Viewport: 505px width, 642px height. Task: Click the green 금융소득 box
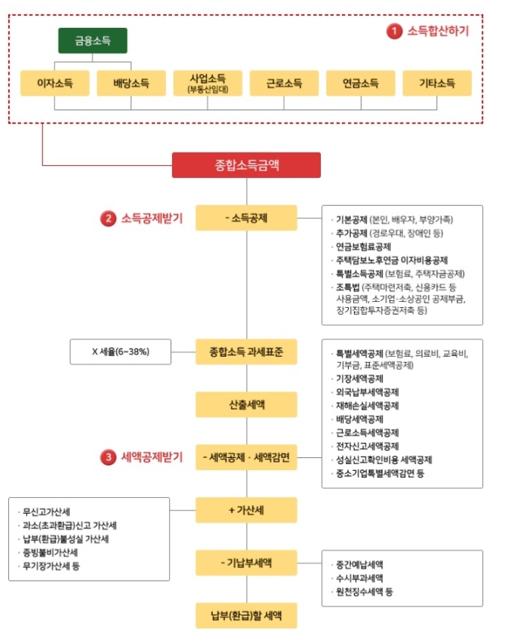[93, 41]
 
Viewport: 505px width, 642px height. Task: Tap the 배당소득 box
[131, 83]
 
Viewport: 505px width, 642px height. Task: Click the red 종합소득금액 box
[246, 165]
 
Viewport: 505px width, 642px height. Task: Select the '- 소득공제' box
[246, 218]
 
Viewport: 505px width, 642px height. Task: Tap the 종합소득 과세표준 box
[246, 352]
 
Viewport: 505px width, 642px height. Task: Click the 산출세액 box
[246, 404]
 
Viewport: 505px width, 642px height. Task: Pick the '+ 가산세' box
[246, 510]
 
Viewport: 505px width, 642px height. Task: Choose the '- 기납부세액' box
[246, 563]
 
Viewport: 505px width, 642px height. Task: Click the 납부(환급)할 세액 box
[246, 616]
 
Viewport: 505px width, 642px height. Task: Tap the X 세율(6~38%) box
[121, 352]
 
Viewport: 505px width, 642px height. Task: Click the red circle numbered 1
[394, 32]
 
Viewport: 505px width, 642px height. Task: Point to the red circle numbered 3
[109, 457]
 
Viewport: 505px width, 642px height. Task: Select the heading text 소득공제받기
[152, 219]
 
